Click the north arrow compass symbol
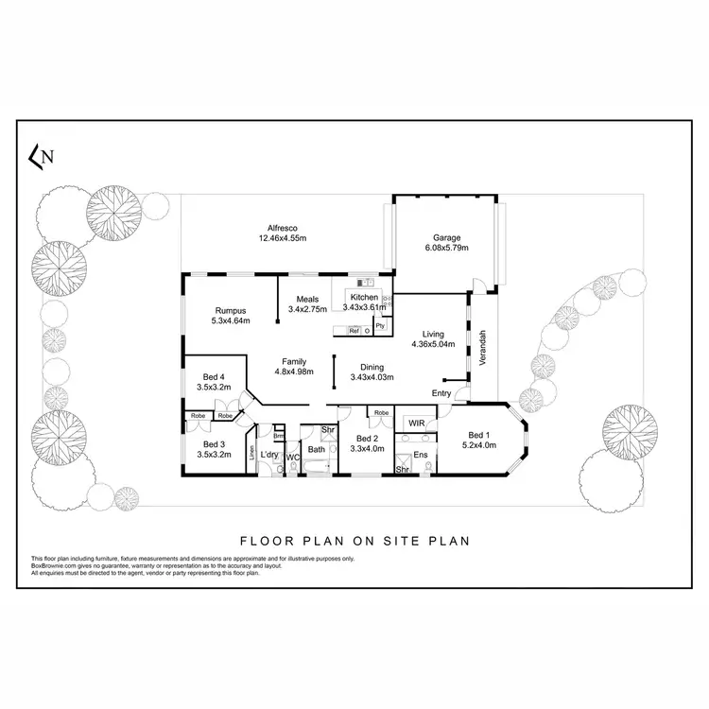(41, 158)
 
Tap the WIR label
(415, 423)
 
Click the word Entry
(441, 393)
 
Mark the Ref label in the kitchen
(354, 331)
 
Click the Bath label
(316, 450)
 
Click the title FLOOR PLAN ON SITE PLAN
(354, 542)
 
